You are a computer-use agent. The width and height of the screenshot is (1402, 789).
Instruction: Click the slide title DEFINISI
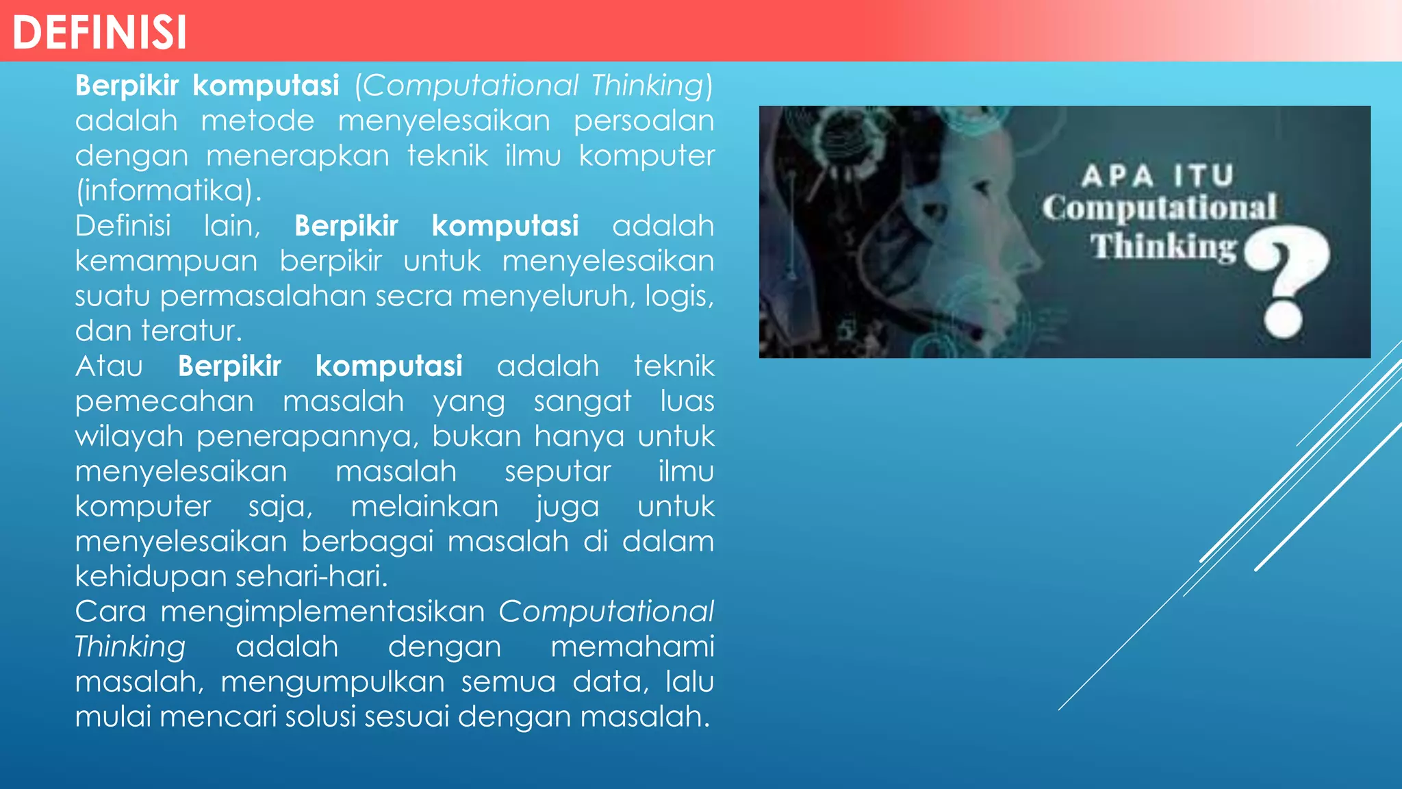(x=99, y=32)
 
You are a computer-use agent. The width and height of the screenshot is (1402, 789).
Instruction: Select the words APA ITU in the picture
(x=1158, y=176)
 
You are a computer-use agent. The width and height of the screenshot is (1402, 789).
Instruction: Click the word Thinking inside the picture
(x=1163, y=247)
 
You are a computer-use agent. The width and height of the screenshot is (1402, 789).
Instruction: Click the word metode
(x=257, y=121)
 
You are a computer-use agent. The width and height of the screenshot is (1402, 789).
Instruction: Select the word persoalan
(x=643, y=121)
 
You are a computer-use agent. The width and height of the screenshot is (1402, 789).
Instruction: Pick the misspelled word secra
(x=413, y=297)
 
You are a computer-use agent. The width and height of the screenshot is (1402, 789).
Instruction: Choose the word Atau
(x=109, y=366)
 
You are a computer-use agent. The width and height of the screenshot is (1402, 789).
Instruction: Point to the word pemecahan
(x=164, y=402)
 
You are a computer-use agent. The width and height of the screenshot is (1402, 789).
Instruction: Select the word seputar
(x=557, y=472)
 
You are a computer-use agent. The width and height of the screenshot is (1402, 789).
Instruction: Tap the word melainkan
(x=424, y=507)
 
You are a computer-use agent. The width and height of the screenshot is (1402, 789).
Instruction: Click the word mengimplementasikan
(x=322, y=612)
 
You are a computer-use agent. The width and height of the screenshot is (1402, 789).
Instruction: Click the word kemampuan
(x=166, y=262)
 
